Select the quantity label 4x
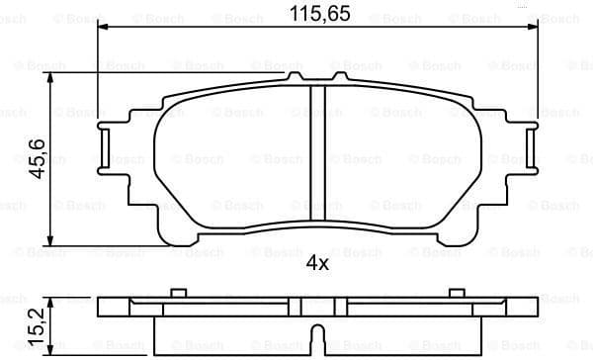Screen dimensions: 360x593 (316, 264)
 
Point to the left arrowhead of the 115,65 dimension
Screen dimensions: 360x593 (104, 29)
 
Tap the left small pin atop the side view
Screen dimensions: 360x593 (178, 292)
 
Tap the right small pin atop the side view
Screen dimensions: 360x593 (457, 292)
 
